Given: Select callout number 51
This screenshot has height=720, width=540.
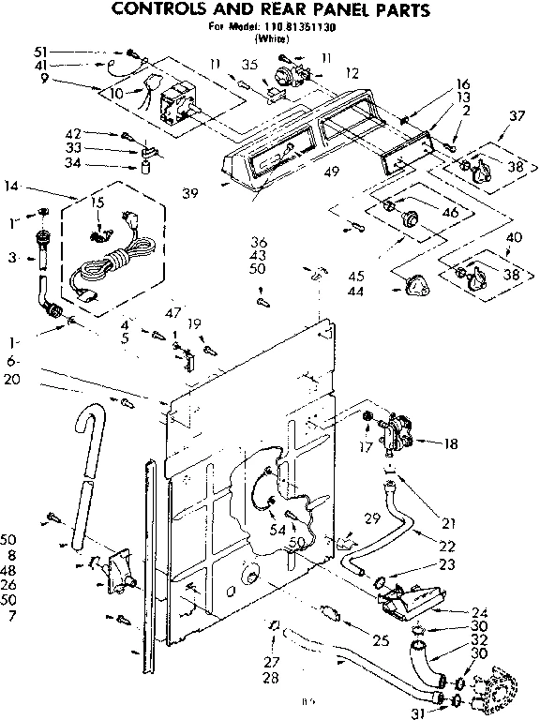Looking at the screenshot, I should [40, 51].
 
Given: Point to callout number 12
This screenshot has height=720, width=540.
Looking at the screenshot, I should [352, 72].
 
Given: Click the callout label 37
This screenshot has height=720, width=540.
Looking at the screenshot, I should [516, 115].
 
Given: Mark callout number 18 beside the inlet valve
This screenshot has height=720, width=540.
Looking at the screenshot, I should [452, 443].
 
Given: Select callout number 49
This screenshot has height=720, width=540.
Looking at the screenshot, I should [330, 171].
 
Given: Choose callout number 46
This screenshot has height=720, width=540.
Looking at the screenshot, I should [450, 213].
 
